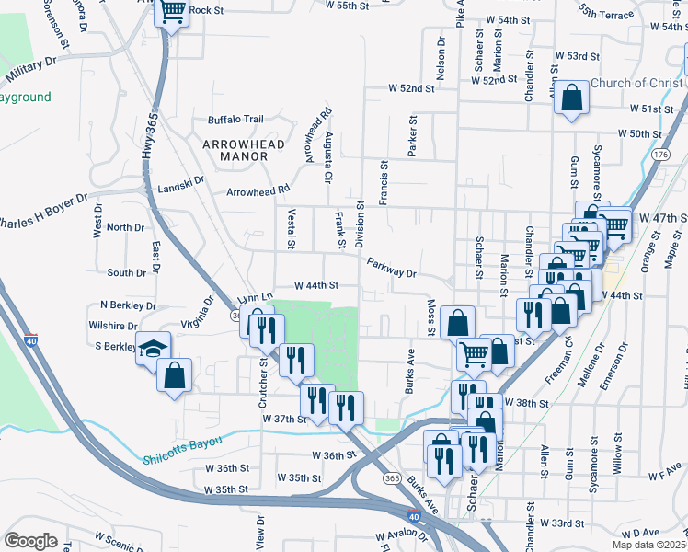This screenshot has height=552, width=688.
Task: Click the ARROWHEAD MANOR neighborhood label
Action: click(235, 150)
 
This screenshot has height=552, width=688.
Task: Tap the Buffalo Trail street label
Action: click(235, 119)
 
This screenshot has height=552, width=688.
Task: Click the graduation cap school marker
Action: click(153, 351)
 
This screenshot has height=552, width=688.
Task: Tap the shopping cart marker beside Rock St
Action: click(172, 13)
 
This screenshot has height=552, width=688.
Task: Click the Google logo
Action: click(31, 540)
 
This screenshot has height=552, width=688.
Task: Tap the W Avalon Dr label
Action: click(404, 535)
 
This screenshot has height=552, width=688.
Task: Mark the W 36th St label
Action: click(334, 455)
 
